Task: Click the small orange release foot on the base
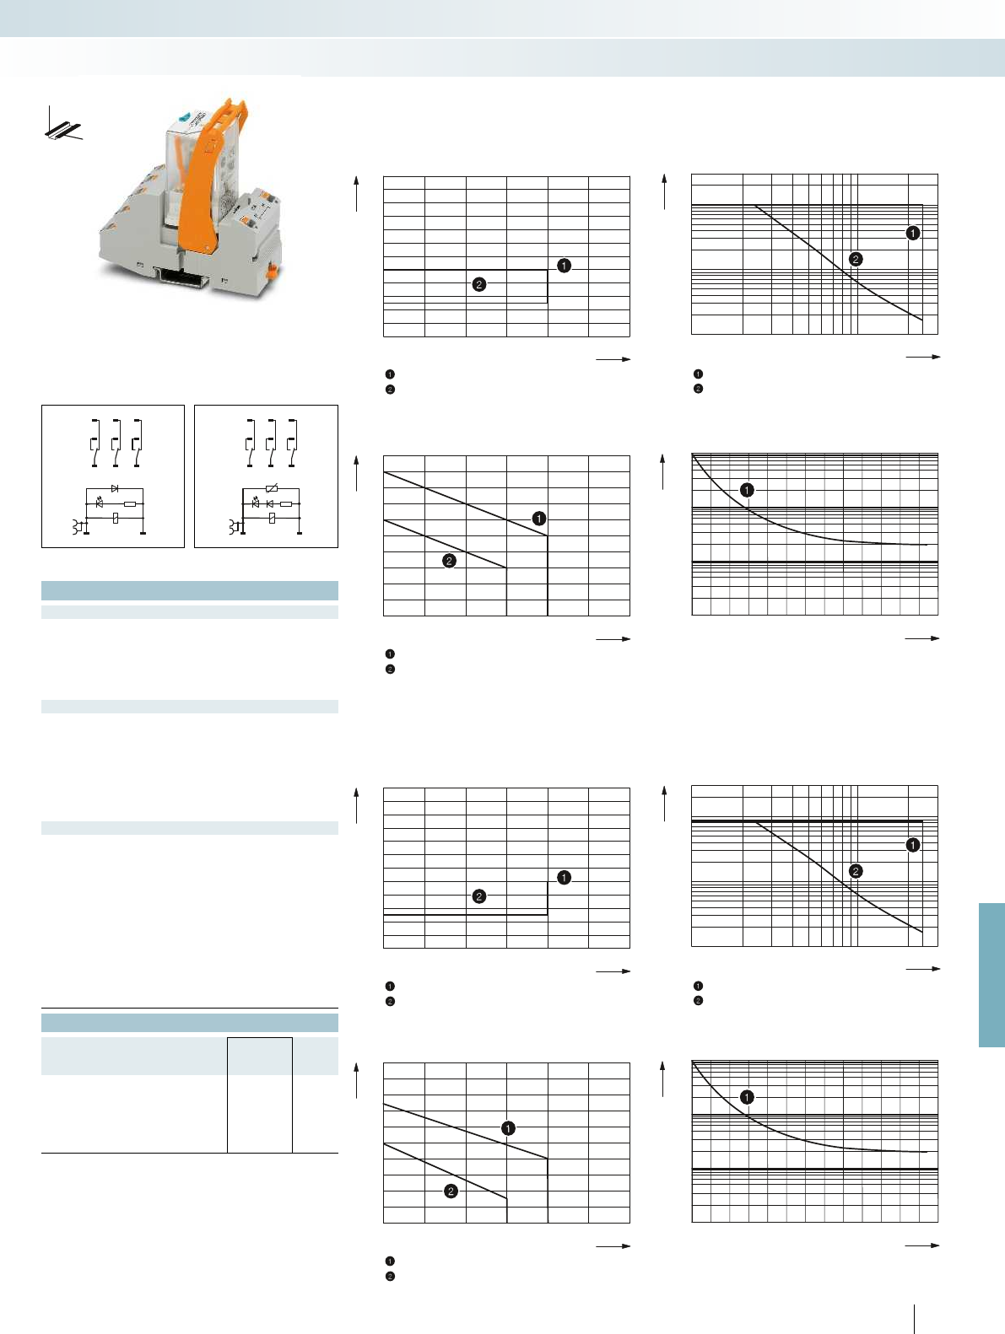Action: tap(272, 272)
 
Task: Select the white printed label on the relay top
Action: tap(191, 134)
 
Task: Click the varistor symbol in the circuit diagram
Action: tap(271, 488)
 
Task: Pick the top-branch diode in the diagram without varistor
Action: tap(115, 488)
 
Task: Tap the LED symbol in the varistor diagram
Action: tap(256, 503)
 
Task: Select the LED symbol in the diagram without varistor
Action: tap(100, 503)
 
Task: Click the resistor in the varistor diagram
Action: tap(286, 503)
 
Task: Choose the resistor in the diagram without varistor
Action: tap(129, 503)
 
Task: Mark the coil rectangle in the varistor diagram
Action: tap(271, 518)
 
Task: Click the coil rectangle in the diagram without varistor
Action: tap(115, 518)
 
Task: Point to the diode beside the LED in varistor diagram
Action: tap(270, 503)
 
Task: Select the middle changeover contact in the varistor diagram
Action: tap(271, 443)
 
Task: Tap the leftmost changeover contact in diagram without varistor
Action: tap(95, 443)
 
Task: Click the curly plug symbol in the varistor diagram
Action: tap(234, 527)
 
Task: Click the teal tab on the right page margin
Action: tap(991, 974)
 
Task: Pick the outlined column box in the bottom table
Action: tap(260, 1095)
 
